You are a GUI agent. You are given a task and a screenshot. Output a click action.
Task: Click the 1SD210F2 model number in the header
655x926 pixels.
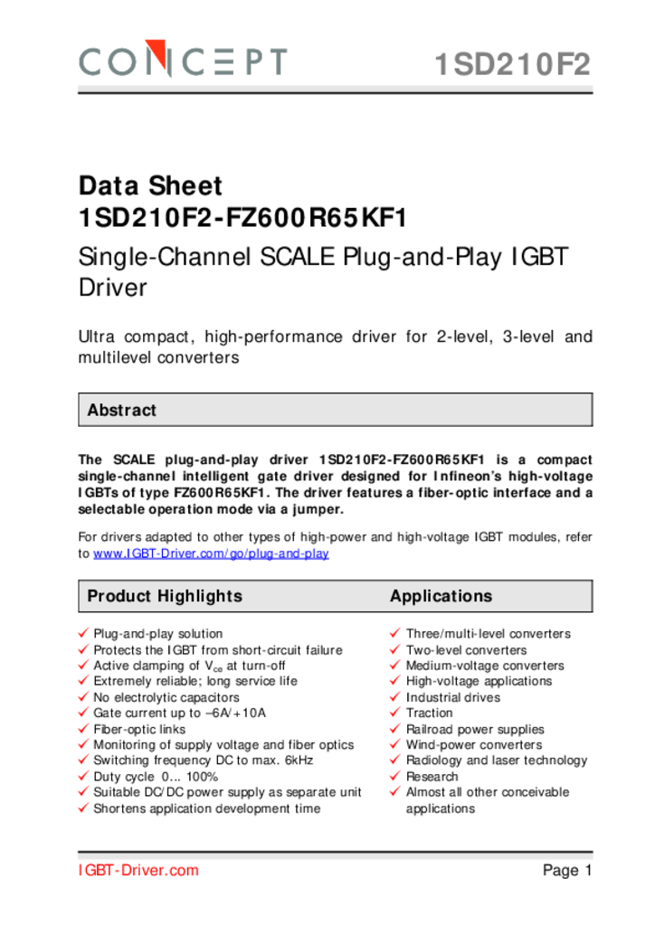512,65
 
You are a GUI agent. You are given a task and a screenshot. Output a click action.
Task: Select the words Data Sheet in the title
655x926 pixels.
150,186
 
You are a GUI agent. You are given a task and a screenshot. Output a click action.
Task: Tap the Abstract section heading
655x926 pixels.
121,411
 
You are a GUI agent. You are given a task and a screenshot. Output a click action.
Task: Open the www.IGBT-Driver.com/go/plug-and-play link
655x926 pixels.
211,553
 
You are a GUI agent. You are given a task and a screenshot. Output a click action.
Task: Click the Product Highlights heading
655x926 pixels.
165,596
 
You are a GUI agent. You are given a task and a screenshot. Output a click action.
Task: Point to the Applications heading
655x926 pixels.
441,596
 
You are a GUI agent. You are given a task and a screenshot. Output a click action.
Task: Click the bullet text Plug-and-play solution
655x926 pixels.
157,634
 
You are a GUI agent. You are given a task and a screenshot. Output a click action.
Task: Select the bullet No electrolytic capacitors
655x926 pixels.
166,697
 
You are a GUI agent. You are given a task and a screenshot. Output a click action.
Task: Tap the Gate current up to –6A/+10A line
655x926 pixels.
180,713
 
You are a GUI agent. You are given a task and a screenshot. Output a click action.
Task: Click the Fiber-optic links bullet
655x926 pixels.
139,729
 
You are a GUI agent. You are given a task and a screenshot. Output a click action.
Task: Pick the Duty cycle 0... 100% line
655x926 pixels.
156,777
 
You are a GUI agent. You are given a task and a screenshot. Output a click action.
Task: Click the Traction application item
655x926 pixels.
430,713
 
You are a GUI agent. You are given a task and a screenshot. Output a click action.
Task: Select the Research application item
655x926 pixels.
432,777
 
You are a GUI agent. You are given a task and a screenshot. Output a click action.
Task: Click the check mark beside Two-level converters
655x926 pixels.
395,649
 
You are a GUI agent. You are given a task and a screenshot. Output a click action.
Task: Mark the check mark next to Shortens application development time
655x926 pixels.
83,808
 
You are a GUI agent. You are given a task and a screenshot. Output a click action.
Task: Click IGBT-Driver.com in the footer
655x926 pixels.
138,871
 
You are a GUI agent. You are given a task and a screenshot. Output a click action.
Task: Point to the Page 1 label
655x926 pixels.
567,871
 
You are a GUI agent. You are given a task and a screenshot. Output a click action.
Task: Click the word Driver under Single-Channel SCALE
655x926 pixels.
112,288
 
